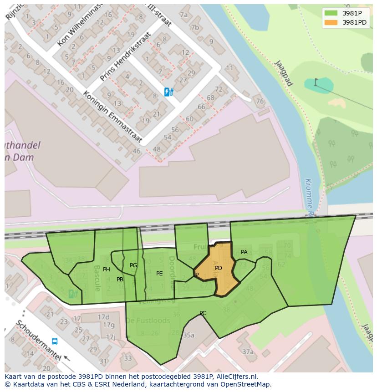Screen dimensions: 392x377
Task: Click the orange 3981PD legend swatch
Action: click(x=331, y=22)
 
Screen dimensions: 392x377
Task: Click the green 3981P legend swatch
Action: click(x=331, y=13)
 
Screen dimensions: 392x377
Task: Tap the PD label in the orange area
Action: click(x=219, y=268)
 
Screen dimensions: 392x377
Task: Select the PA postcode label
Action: click(x=244, y=252)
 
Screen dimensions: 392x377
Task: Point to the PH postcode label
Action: click(x=107, y=270)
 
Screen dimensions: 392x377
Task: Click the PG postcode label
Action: click(x=133, y=265)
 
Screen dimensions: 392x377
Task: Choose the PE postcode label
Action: click(x=159, y=274)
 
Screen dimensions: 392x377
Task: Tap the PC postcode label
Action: click(x=203, y=313)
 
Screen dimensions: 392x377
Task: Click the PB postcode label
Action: click(x=120, y=280)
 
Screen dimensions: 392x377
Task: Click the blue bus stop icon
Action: click(x=55, y=341)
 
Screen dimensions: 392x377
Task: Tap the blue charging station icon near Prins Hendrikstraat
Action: click(x=168, y=92)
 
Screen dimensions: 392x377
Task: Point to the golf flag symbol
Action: click(x=316, y=82)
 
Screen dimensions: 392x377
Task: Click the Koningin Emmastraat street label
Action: click(x=112, y=117)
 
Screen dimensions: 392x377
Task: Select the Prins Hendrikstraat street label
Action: click(x=125, y=56)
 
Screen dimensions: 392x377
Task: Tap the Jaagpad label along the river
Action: click(x=284, y=73)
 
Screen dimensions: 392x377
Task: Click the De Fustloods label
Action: click(x=148, y=321)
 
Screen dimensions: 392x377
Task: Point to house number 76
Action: click(x=260, y=101)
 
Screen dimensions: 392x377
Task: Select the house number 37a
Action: click(x=248, y=351)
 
